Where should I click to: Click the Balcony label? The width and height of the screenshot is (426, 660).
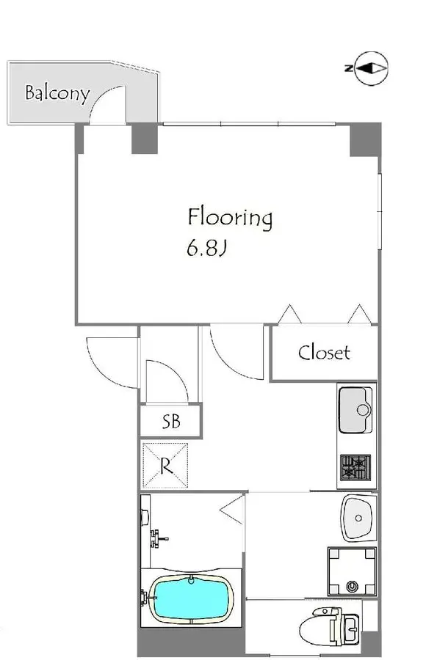point(57,92)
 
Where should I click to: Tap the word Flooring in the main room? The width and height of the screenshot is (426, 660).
point(230,218)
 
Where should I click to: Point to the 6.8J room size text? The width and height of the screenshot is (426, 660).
point(206,249)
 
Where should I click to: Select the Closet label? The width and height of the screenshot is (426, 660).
point(324,352)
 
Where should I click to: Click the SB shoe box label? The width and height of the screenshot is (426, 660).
point(171,421)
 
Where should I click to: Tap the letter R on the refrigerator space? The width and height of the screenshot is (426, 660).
point(166,466)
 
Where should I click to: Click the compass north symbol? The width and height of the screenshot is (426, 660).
point(370,68)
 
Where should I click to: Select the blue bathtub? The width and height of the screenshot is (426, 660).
point(192,598)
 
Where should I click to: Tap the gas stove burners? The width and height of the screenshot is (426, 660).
point(355,467)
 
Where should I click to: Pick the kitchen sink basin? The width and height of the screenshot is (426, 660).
point(355,410)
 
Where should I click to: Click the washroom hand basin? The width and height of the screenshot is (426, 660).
point(358,518)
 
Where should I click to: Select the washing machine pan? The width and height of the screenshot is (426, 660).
point(352,571)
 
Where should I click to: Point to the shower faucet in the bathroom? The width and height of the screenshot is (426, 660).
point(158,538)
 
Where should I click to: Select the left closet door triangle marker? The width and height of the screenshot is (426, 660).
point(290,314)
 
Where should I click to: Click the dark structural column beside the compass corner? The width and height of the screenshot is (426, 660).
point(365,140)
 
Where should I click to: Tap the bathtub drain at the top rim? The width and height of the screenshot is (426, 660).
point(192,579)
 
